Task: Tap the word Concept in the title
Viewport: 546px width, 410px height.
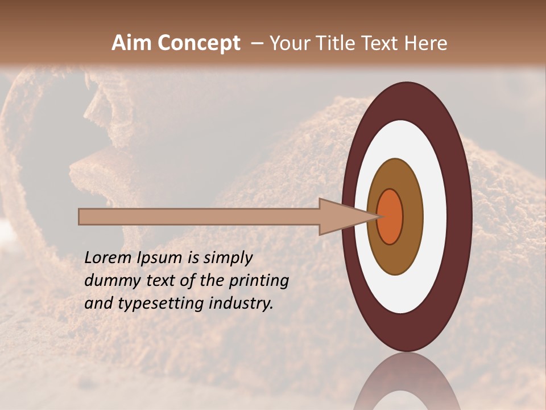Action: point(200,43)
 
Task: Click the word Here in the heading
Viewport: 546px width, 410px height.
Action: point(425,43)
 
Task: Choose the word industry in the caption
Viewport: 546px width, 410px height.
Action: point(241,304)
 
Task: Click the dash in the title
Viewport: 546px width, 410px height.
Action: point(257,44)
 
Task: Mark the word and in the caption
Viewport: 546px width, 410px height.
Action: point(98,304)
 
